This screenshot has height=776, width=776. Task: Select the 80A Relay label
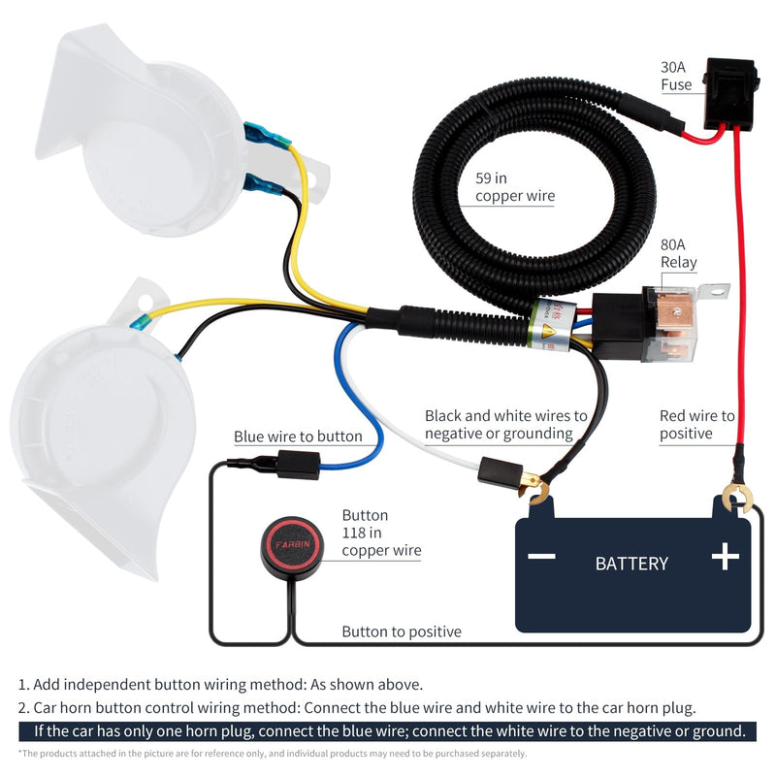(x=678, y=254)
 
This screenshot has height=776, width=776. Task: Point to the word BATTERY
(x=631, y=563)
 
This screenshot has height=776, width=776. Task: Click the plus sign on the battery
(x=725, y=556)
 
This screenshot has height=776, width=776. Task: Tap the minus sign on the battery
(x=541, y=557)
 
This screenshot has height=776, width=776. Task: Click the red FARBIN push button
(x=293, y=545)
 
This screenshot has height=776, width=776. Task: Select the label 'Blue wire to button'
(x=298, y=436)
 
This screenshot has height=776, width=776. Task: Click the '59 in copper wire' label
(x=514, y=187)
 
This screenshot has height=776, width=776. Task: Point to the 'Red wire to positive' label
(x=696, y=424)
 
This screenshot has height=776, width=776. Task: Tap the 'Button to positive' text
(x=401, y=631)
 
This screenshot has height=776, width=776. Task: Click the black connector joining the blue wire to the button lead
(x=298, y=465)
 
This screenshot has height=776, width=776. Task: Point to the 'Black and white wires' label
(x=505, y=424)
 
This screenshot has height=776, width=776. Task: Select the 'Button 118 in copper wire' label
(x=381, y=533)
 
